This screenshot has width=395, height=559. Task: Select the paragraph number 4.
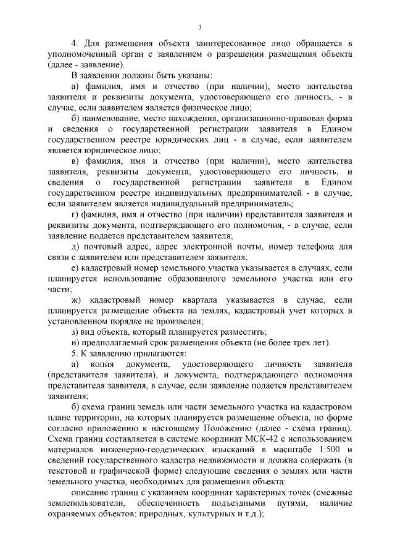(74, 44)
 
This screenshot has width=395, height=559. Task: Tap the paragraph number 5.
(74, 353)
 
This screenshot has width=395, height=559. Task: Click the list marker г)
(75, 214)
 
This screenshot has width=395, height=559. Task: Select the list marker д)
(75, 246)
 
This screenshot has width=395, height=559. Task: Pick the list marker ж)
(76, 300)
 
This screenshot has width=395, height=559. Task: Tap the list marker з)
(75, 332)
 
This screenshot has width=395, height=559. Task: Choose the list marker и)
(75, 343)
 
